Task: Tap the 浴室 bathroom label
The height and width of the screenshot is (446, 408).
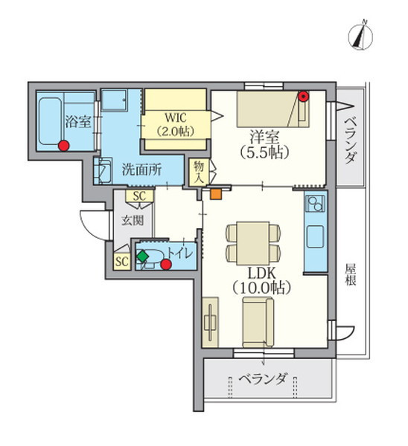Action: coord(77,121)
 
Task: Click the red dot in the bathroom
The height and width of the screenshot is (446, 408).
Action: coord(64,146)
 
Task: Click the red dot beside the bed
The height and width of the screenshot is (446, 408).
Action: coord(304,96)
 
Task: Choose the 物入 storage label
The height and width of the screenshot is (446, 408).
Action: coord(198,172)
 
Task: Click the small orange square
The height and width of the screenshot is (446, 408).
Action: coord(215,195)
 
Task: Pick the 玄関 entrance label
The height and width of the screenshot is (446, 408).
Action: coord(133,221)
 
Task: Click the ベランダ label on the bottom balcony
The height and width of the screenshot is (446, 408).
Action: coord(263,379)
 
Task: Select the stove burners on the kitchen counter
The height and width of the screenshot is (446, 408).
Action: coord(315,203)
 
